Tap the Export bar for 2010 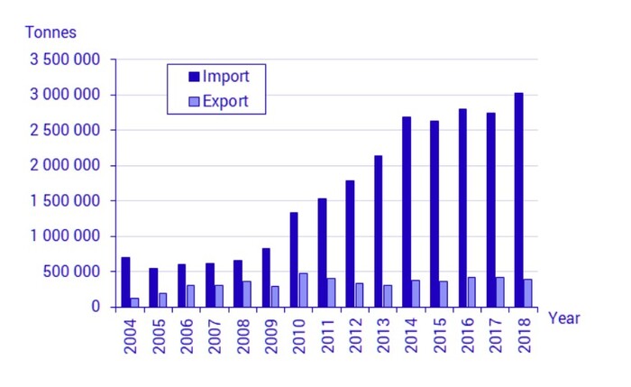click(x=303, y=290)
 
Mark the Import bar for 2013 click(x=379, y=231)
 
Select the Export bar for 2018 click(x=527, y=293)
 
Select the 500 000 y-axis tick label click(x=76, y=272)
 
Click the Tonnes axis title click(x=50, y=32)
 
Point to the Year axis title click(x=564, y=318)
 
